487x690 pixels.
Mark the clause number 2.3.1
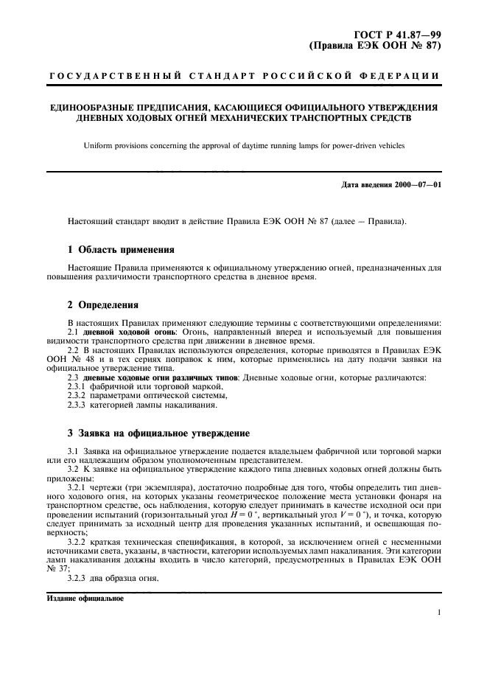click(77, 386)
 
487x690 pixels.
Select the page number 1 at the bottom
click(438, 613)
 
